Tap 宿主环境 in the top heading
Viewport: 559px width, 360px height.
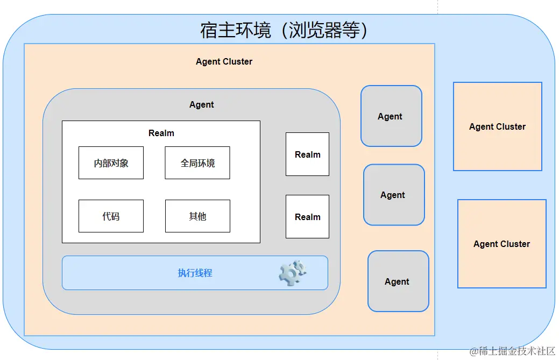(235, 30)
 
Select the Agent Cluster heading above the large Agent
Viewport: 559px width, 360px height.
(224, 62)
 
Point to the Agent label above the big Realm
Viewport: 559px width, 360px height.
(201, 105)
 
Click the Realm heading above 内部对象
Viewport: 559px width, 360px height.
(161, 133)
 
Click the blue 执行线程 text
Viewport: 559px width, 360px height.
(195, 273)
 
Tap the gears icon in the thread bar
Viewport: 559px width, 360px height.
(292, 273)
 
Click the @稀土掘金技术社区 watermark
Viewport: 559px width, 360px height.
(512, 351)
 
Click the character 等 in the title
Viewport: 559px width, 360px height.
(351, 30)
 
